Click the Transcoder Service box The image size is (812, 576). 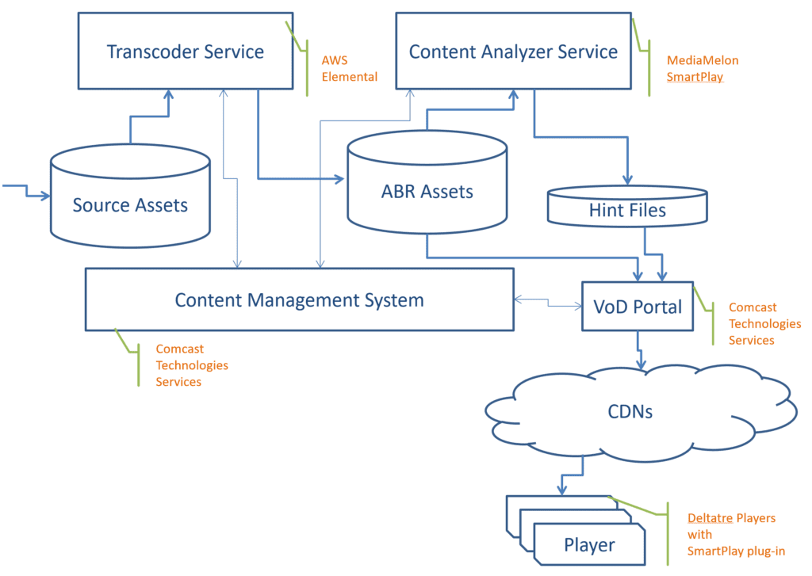coord(186,51)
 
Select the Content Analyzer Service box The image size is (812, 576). coord(513,51)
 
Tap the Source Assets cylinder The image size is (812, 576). coord(130,196)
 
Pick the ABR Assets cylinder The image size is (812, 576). coord(427,181)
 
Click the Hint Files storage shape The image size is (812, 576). coord(627,207)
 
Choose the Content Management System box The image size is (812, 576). coord(299,299)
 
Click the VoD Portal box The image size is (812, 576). coord(638,307)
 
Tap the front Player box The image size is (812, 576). coord(589,544)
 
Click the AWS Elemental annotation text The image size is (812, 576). coord(349,68)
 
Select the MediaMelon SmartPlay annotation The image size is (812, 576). coord(703,68)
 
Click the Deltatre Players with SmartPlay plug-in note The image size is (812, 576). coord(736,535)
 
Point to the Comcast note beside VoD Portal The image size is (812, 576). coord(764,323)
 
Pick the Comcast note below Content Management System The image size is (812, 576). coord(192,364)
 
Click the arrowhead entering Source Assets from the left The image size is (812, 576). coord(46,196)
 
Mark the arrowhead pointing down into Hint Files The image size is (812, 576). coord(628,180)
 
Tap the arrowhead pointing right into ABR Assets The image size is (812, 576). coord(339,179)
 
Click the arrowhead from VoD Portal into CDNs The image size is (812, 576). coord(641,364)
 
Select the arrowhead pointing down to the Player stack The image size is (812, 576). coord(562,490)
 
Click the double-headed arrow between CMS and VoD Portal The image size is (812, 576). coord(548,303)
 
